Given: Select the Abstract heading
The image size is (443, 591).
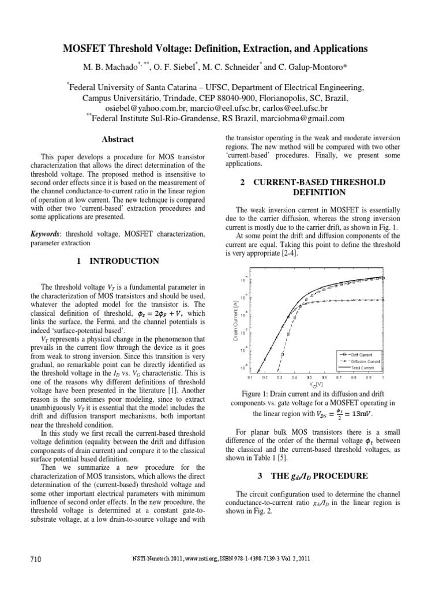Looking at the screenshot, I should [117, 139].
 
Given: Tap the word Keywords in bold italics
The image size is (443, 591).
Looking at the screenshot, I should [46, 234].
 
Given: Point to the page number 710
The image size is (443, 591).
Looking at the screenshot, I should [36, 559].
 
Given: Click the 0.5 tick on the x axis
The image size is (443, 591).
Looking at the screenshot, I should [308, 377].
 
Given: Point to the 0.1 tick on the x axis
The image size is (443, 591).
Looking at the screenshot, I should [249, 377].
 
